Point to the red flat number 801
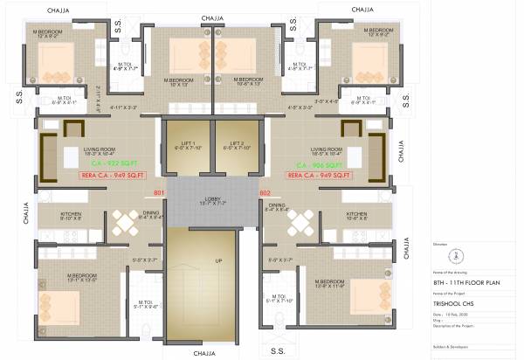pyautogui.click(x=159, y=192)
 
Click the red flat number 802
pyautogui.click(x=265, y=192)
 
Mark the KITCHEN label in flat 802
pyautogui.click(x=356, y=214)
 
